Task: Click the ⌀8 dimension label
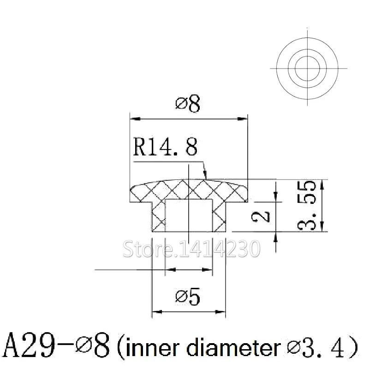(x=188, y=104)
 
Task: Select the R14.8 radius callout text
(x=165, y=148)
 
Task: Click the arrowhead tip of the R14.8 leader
(x=205, y=178)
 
